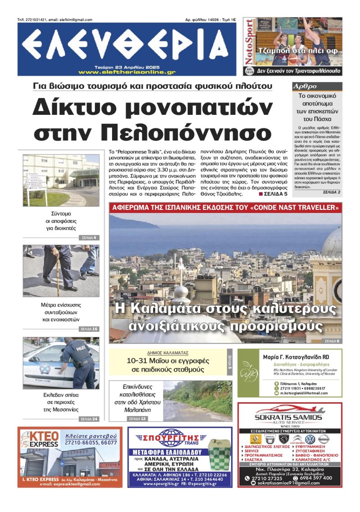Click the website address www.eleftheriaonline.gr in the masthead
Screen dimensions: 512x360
point(126,72)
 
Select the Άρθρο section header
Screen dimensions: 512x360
point(305,86)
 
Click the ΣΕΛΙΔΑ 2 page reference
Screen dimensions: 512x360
point(331,192)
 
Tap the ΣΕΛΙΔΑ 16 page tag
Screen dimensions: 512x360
point(89,329)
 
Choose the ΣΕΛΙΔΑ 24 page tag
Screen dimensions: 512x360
point(89,419)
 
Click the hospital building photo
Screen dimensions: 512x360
point(61,180)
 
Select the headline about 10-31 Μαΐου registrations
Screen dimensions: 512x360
point(165,365)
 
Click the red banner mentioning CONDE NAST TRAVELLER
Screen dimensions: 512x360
point(225,208)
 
